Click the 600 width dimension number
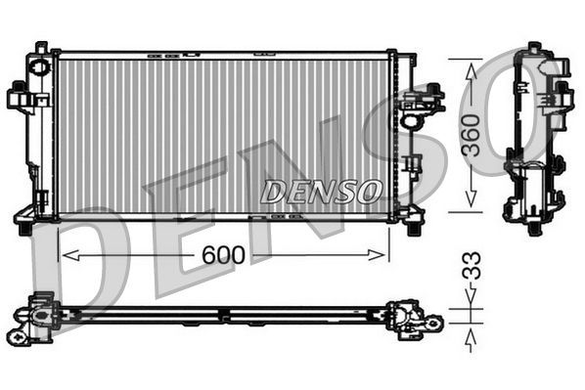tap(223, 254)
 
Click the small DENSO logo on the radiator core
tap(320, 192)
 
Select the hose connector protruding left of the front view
tap(19, 97)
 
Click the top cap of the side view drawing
tap(535, 49)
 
